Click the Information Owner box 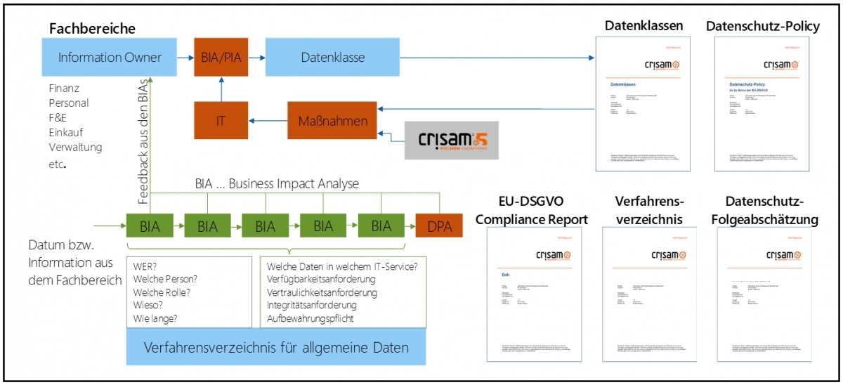(x=110, y=58)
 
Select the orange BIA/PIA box (x=221, y=58)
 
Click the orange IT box (x=221, y=121)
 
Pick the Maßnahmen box (x=332, y=121)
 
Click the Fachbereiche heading (x=92, y=29)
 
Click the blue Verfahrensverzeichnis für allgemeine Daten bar (x=275, y=348)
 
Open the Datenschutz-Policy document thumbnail (x=763, y=103)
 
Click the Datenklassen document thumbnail (x=644, y=103)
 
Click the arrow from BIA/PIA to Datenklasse (x=256, y=58)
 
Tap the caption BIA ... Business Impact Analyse (x=277, y=184)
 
